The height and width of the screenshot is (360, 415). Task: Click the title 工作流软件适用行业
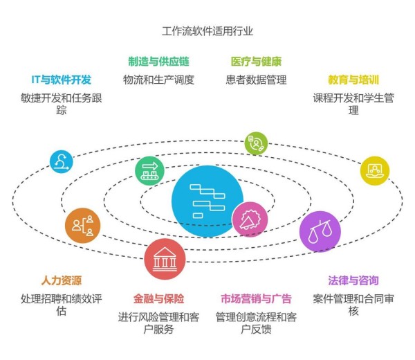(207, 31)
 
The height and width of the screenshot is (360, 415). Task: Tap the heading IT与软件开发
(61, 80)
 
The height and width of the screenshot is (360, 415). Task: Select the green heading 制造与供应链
(159, 62)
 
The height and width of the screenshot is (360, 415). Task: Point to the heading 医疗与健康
(256, 62)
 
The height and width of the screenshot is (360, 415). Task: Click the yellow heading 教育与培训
(353, 80)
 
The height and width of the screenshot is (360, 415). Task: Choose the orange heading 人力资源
(62, 280)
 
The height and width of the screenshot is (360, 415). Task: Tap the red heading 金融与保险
(159, 298)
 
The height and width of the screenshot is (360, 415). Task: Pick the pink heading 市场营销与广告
(256, 298)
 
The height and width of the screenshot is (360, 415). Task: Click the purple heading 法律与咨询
(353, 280)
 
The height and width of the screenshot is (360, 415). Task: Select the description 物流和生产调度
(159, 80)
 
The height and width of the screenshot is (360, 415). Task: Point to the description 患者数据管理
(256, 80)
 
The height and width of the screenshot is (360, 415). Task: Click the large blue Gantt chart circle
(207, 201)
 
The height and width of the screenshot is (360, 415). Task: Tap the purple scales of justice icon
(320, 231)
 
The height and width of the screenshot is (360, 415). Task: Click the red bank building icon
(165, 259)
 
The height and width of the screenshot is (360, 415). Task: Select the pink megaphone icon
(250, 219)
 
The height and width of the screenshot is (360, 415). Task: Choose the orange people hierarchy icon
(83, 226)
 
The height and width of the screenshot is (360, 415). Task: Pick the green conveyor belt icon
(149, 171)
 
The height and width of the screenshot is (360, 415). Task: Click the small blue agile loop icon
(62, 161)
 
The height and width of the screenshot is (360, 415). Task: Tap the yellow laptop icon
(375, 170)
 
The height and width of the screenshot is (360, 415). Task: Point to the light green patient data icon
(256, 143)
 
